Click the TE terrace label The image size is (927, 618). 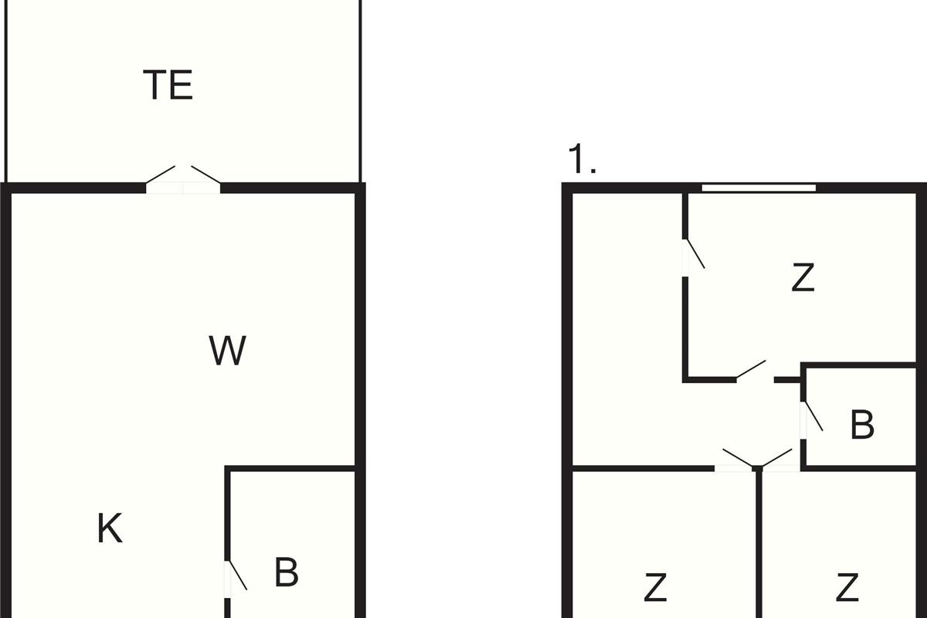(168, 85)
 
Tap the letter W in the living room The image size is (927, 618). (227, 351)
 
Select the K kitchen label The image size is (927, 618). (110, 529)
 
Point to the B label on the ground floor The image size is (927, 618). (286, 572)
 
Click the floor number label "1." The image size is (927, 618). (582, 159)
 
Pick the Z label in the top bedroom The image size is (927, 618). (803, 278)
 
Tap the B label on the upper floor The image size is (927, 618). (862, 424)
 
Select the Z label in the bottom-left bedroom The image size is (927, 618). (655, 588)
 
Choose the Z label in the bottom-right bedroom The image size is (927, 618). (847, 588)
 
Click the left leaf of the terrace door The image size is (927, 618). (162, 177)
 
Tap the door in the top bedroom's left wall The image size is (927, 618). (693, 255)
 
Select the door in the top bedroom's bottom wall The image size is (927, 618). (751, 371)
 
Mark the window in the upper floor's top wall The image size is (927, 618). (759, 187)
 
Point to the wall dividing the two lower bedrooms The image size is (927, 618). (759, 548)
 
